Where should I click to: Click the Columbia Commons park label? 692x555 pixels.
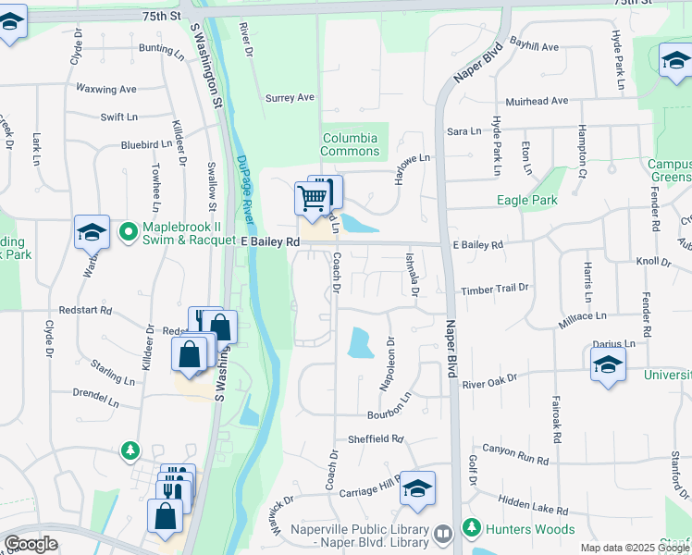tap(350, 144)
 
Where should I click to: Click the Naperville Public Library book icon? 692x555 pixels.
tap(443, 534)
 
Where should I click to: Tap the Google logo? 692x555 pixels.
tap(31, 543)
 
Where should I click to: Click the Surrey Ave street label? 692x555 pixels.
tap(290, 97)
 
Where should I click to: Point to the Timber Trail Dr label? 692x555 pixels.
tap(495, 289)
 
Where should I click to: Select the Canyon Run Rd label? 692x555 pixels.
tap(522, 458)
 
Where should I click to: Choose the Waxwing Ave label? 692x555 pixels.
tap(105, 90)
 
